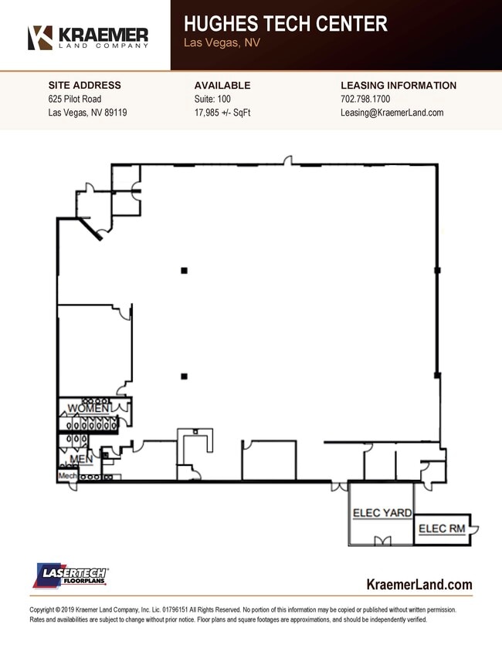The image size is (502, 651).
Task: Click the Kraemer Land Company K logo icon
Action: (x=40, y=38)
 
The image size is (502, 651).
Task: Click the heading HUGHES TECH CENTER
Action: (x=286, y=24)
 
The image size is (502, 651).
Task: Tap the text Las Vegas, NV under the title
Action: (x=222, y=42)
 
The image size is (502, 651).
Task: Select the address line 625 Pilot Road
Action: (x=75, y=99)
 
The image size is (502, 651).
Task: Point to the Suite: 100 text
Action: (x=212, y=99)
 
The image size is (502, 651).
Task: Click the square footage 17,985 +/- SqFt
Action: (x=222, y=113)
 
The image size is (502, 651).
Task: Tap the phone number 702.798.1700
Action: (x=365, y=99)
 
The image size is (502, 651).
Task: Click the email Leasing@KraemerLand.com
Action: (x=392, y=113)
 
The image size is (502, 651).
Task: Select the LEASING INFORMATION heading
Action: (x=399, y=86)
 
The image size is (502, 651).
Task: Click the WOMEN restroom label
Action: (x=88, y=408)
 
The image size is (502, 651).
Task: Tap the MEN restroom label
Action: (x=81, y=459)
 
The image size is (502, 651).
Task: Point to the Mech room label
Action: (x=67, y=476)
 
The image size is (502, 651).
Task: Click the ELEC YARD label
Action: (x=382, y=513)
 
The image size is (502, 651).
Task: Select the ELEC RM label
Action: (x=442, y=528)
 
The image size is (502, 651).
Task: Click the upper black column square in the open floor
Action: (x=184, y=271)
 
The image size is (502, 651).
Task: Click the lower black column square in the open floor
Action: (x=184, y=376)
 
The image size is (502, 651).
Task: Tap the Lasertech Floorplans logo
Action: (x=70, y=575)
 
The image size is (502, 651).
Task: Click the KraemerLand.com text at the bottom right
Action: (x=419, y=585)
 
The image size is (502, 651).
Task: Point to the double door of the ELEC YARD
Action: (x=383, y=540)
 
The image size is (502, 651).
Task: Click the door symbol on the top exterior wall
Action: (x=287, y=160)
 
